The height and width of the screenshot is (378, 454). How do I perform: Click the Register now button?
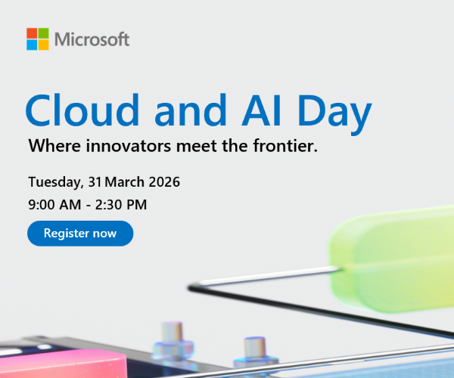(x=80, y=233)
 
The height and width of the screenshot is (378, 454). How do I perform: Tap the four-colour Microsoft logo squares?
(x=38, y=39)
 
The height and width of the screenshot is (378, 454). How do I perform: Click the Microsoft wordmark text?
(x=92, y=39)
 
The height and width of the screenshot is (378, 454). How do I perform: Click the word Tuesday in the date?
(x=54, y=182)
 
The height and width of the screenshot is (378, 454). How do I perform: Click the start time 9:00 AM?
(x=54, y=204)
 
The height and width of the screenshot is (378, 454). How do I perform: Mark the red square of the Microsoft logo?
(x=32, y=33)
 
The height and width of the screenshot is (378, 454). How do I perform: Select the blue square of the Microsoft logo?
(x=32, y=45)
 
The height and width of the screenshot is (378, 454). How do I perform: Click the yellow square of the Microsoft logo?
(x=44, y=45)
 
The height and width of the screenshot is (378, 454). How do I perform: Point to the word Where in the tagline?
(x=49, y=146)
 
